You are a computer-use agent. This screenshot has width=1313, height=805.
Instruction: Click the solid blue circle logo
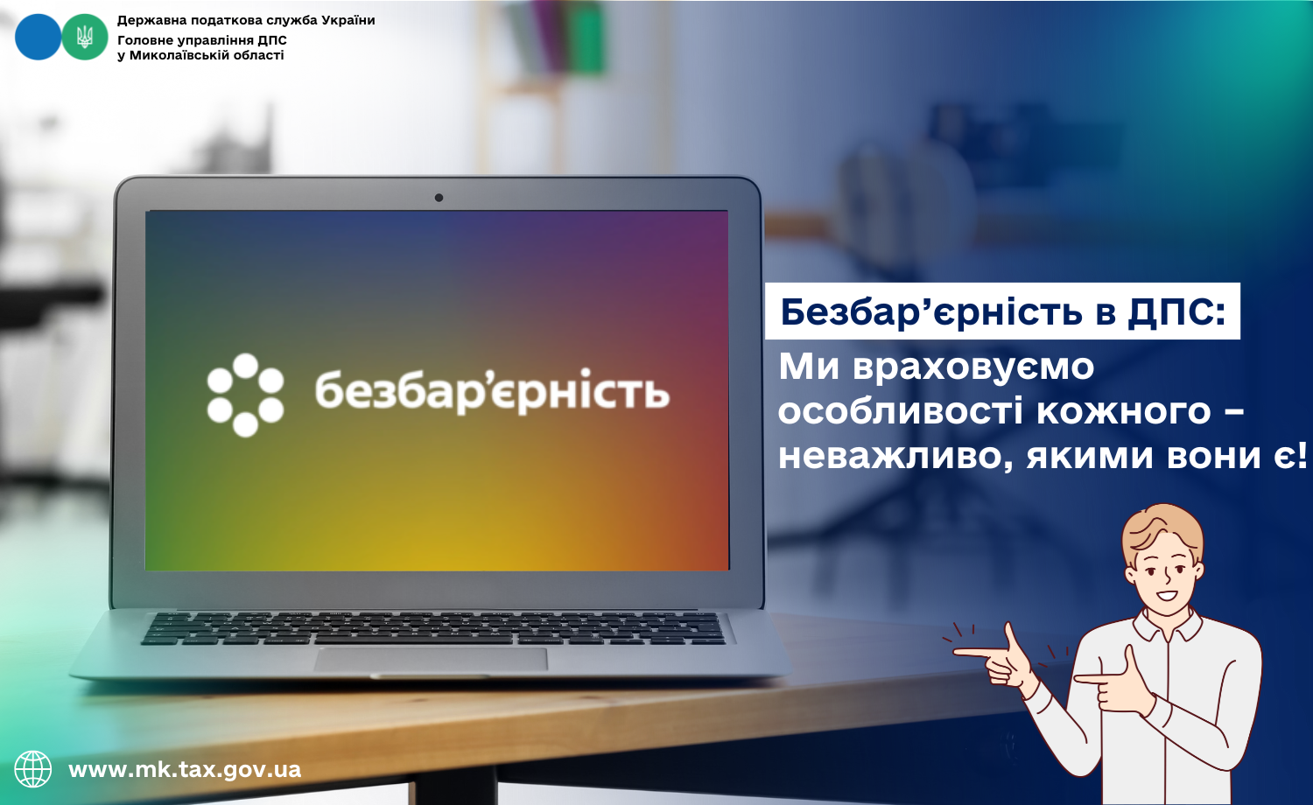coord(39,37)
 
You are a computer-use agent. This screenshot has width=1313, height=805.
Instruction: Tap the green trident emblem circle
coord(85,37)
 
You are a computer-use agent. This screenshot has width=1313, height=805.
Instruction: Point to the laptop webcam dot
coord(439,198)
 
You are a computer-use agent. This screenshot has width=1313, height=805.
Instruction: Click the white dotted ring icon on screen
coord(246,395)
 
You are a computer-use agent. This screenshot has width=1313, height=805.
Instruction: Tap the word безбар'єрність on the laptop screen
coord(492,391)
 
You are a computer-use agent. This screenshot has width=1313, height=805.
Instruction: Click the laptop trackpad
coord(431,660)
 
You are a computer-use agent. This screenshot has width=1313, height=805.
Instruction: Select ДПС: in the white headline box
coord(1176,311)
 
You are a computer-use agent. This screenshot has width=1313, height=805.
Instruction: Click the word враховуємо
coord(973,367)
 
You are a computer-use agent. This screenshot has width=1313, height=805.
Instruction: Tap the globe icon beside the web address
coord(33,769)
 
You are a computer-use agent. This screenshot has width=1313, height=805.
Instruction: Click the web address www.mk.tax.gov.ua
coord(185,769)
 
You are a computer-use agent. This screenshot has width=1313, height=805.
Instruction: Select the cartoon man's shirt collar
coord(1167,626)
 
